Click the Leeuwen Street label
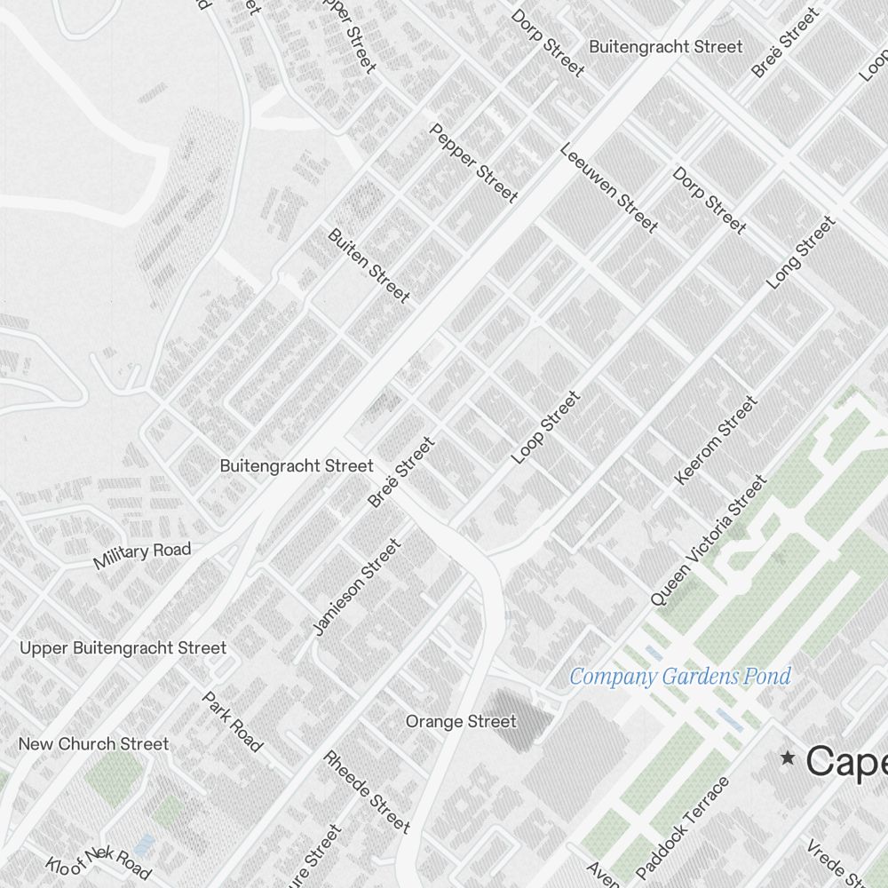coord(609,187)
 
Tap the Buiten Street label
coord(369,265)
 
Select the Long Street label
coord(802,252)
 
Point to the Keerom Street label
coord(716,441)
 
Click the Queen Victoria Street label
coord(708,541)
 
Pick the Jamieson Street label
coord(358,587)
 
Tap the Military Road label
coord(142,554)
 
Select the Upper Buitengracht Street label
coord(123,648)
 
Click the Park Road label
coord(233,722)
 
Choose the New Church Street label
coord(93,744)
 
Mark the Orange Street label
coord(461,721)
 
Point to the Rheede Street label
coord(367,792)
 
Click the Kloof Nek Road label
coord(99,862)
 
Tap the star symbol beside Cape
coord(787,757)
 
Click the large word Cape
coord(845,761)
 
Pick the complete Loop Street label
coord(545,427)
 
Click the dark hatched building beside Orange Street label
coord(504,710)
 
